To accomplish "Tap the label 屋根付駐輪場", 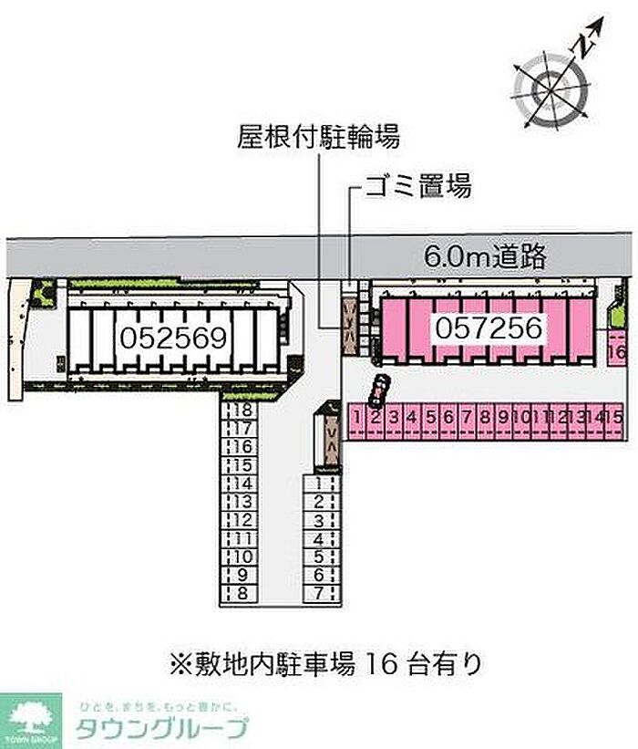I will pyautogui.click(x=318, y=139).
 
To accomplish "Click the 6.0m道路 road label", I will pyautogui.click(x=485, y=256).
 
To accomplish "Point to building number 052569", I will pyautogui.click(x=173, y=338).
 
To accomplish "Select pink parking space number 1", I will pyautogui.click(x=358, y=418).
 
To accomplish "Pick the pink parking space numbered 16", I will pyautogui.click(x=616, y=350).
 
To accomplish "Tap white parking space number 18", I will pyautogui.click(x=241, y=411).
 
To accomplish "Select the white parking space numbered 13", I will pyautogui.click(x=241, y=502).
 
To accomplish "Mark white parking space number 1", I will pyautogui.click(x=320, y=484).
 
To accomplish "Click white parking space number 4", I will pyautogui.click(x=320, y=539).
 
